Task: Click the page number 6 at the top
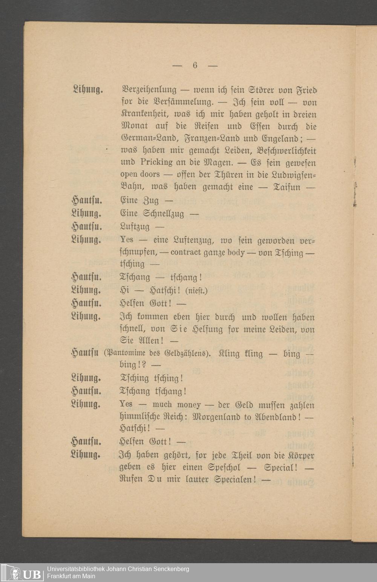pyautogui.click(x=195, y=65)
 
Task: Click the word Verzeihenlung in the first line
pyautogui.click(x=148, y=90)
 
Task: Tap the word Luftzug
pyautogui.click(x=135, y=227)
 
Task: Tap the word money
pyautogui.click(x=189, y=405)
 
